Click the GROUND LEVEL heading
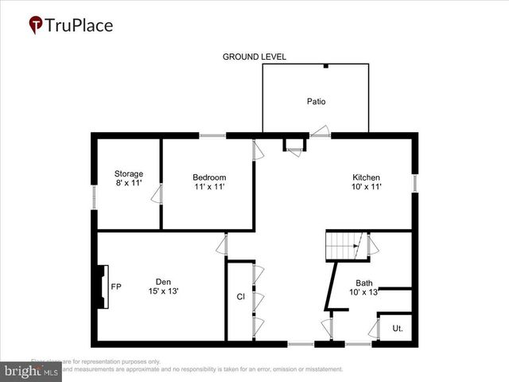pyautogui.click(x=254, y=57)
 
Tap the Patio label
pyautogui.click(x=317, y=101)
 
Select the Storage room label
pyautogui.click(x=128, y=173)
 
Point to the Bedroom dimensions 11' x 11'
pyautogui.click(x=209, y=186)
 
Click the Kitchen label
pyautogui.click(x=367, y=177)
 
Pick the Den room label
pyautogui.click(x=163, y=281)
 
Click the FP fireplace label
pyautogui.click(x=116, y=286)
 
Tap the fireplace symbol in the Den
pyautogui.click(x=100, y=286)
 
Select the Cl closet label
pyautogui.click(x=240, y=297)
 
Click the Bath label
pyautogui.click(x=364, y=283)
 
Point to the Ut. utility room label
pyautogui.click(x=398, y=328)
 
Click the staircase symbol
pyautogui.click(x=344, y=246)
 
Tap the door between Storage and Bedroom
pyautogui.click(x=158, y=193)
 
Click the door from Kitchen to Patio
pyautogui.click(x=321, y=132)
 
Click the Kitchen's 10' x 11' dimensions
pyautogui.click(x=367, y=187)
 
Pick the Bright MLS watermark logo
pyautogui.click(x=32, y=370)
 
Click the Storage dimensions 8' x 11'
pyautogui.click(x=128, y=183)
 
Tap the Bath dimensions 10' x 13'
pyautogui.click(x=364, y=292)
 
